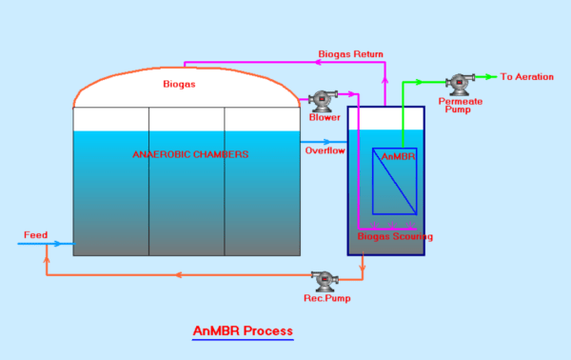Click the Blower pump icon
pyautogui.click(x=322, y=99)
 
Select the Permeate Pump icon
pyautogui.click(x=463, y=83)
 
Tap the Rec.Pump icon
pyautogui.click(x=325, y=280)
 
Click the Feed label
pyautogui.click(x=35, y=234)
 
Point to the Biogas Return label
pyautogui.click(x=351, y=54)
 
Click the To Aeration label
pyautogui.click(x=527, y=77)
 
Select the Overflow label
pyautogui.click(x=325, y=150)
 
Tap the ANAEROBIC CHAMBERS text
pyautogui.click(x=190, y=154)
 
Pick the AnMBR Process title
pyautogui.click(x=243, y=331)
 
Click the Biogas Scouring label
pyautogui.click(x=395, y=236)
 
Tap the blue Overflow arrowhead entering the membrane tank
pyautogui.click(x=342, y=142)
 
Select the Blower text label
pyautogui.click(x=325, y=118)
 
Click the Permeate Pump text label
pyautogui.click(x=460, y=105)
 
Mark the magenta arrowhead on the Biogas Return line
pyautogui.click(x=313, y=64)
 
